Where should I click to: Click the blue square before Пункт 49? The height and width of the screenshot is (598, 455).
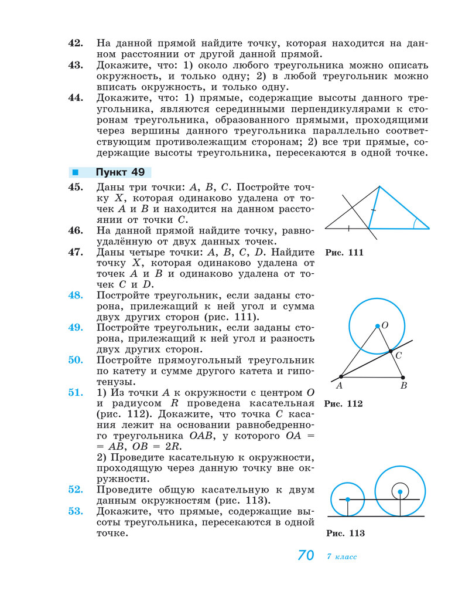(75, 172)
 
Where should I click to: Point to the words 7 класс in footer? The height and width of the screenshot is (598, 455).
(342, 556)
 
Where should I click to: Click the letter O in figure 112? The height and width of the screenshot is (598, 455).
(385, 325)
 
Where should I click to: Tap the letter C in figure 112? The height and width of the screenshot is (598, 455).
(398, 355)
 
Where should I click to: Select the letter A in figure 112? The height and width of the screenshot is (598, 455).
(339, 386)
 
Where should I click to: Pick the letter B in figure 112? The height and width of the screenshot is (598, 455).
(403, 386)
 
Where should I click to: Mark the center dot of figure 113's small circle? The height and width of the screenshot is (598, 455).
(348, 499)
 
